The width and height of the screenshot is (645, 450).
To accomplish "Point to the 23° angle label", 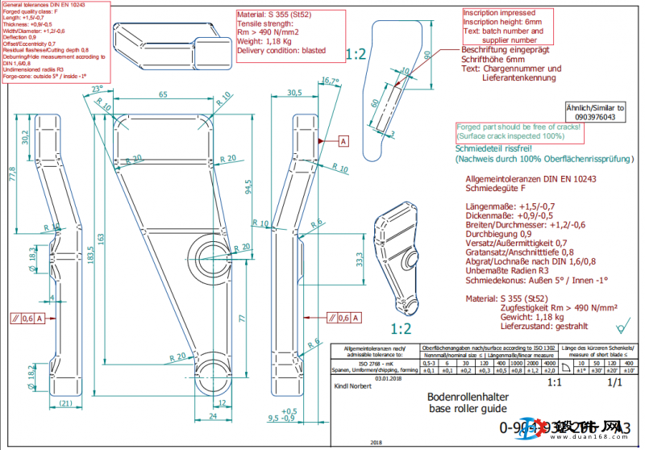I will [x=98, y=88].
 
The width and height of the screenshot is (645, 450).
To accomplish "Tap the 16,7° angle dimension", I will [x=330, y=81].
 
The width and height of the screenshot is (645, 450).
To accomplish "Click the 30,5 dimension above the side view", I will [x=294, y=94].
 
